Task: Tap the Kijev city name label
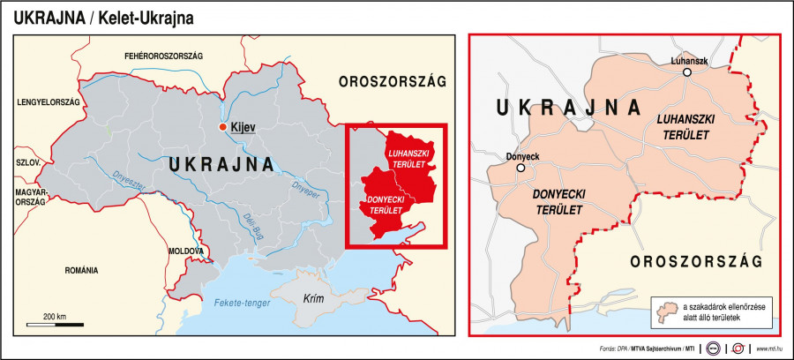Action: coord(243,128)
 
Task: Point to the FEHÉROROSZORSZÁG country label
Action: coord(163,56)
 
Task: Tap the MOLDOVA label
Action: coord(187,251)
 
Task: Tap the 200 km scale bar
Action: coord(55,323)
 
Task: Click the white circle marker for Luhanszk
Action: coord(685,74)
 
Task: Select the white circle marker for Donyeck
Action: coord(521,167)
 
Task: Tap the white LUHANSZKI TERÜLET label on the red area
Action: coord(409,159)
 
